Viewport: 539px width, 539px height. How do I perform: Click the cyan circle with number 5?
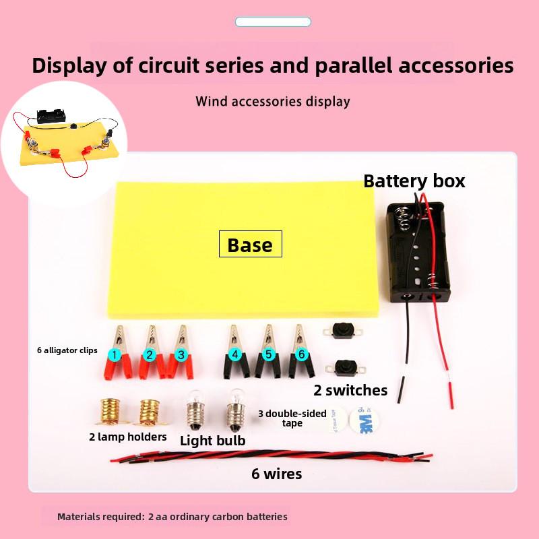coord(269,354)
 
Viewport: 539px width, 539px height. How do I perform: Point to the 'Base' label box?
coord(250,245)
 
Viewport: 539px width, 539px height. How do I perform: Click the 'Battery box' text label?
coord(414,181)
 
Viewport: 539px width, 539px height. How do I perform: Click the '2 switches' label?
coord(350,390)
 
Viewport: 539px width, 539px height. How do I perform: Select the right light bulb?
coord(235,408)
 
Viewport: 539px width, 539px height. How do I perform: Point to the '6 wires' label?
coord(276,474)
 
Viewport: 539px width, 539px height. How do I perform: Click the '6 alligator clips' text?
coord(67,350)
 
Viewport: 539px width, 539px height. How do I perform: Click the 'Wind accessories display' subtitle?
coord(273,102)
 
